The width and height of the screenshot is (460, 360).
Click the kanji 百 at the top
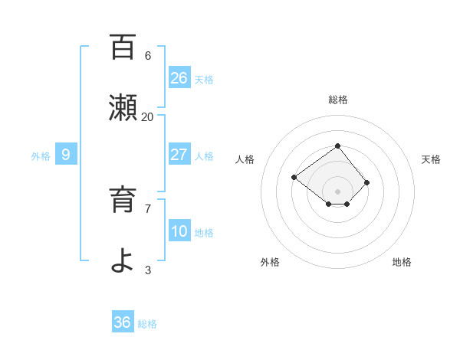[x=123, y=47]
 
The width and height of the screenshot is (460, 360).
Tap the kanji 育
[x=123, y=201]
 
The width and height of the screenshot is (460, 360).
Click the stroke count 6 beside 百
[x=148, y=55]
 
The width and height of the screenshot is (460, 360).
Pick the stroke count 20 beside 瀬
[x=148, y=116]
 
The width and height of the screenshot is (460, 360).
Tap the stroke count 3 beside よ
[x=148, y=270]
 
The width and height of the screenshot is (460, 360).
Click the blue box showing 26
[x=179, y=78]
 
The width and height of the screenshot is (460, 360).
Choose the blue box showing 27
[x=179, y=155]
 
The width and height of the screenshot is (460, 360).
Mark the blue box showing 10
[x=179, y=231]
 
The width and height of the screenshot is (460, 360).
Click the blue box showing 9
[x=66, y=155]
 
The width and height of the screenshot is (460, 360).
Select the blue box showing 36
[x=123, y=322]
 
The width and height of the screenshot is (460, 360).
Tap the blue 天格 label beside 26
[x=204, y=80]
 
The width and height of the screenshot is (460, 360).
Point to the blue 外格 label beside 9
[x=41, y=156]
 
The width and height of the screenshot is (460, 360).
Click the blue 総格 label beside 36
[x=147, y=324]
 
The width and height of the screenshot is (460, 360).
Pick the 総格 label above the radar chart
[x=337, y=100]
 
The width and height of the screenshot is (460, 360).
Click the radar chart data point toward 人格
[x=294, y=177]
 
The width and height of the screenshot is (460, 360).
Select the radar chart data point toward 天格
[x=367, y=182]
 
